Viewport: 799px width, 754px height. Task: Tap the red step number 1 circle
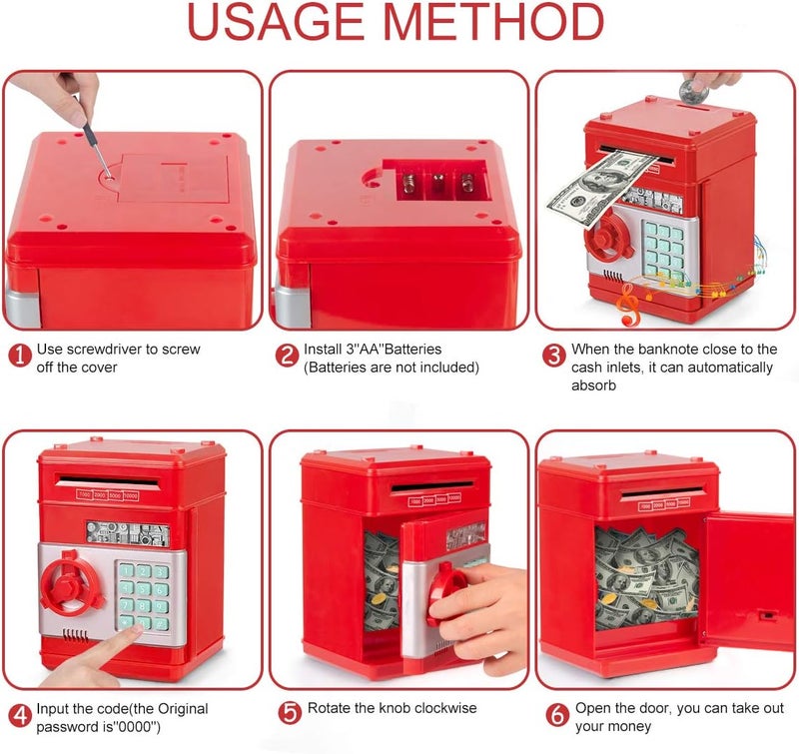(x=20, y=356)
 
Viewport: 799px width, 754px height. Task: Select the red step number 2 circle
(x=287, y=356)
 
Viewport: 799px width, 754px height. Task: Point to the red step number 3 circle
(x=554, y=356)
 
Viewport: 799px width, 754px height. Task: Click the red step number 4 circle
(x=20, y=715)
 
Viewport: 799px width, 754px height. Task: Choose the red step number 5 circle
(x=290, y=712)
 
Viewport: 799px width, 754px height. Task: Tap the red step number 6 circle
(x=557, y=715)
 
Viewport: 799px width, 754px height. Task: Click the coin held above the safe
(x=693, y=91)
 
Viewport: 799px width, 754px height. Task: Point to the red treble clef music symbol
(x=628, y=305)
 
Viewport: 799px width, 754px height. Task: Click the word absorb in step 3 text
(x=593, y=385)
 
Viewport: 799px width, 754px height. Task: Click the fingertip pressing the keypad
(x=134, y=632)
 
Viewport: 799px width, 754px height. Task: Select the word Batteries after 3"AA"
(x=412, y=349)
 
